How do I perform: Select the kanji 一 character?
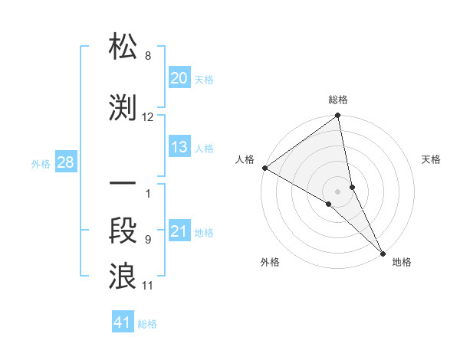[123, 185]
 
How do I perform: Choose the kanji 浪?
[123, 275]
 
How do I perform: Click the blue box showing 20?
[179, 78]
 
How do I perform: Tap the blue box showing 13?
[179, 148]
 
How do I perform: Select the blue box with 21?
[179, 232]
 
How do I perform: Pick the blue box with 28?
[65, 162]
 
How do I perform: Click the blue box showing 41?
[123, 323]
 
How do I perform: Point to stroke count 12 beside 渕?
[148, 117]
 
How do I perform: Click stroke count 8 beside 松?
[147, 57]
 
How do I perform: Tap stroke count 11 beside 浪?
[148, 286]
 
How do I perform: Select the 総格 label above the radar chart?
[338, 100]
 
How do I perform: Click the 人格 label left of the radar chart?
[245, 159]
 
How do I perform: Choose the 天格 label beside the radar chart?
[432, 159]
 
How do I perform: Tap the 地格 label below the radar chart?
[402, 262]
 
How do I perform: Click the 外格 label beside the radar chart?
[271, 262]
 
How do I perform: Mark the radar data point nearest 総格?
[338, 117]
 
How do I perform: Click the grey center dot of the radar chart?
[338, 191]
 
